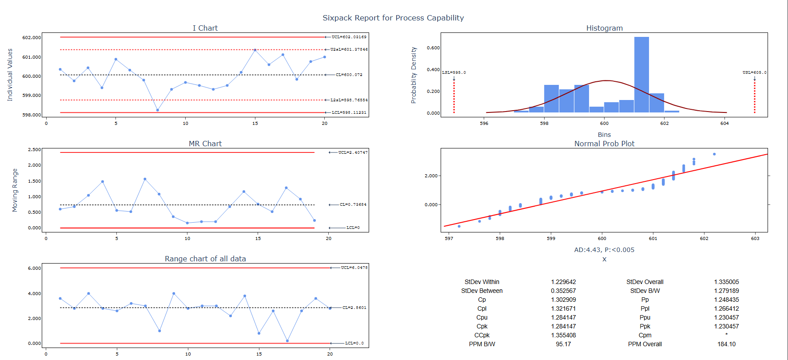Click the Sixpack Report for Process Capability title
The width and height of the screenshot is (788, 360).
[393, 18]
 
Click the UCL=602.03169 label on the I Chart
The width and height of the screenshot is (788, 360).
[349, 37]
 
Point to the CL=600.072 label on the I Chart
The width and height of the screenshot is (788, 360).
[349, 75]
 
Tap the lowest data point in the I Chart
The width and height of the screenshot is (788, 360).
[158, 110]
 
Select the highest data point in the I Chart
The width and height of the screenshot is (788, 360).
[255, 50]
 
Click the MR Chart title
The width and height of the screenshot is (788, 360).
[205, 144]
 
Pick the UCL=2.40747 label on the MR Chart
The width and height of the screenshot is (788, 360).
[353, 152]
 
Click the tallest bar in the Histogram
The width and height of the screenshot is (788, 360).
[641, 74]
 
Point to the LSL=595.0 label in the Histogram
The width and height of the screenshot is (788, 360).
[454, 72]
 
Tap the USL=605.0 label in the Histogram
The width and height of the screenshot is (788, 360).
[754, 72]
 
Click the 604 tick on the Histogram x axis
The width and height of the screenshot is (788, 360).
[724, 123]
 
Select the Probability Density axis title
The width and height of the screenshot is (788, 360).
[414, 75]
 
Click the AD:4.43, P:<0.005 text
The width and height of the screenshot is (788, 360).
[604, 250]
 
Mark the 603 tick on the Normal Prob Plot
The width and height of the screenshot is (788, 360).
[755, 238]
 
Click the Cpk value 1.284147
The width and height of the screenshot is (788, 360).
[563, 326]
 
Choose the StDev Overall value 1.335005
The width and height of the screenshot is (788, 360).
[726, 282]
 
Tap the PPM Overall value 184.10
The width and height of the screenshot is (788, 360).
[726, 344]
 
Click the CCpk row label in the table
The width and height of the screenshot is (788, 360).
[482, 335]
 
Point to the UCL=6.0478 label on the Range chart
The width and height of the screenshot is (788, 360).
[354, 268]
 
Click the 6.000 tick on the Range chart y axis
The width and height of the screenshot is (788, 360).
[34, 268]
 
